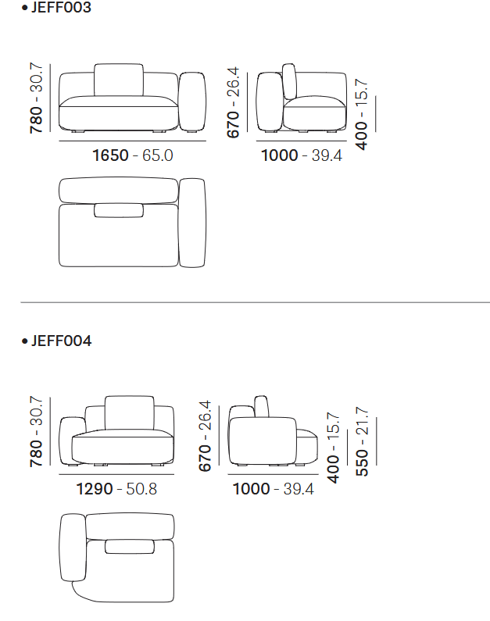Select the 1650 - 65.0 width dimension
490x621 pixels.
133,155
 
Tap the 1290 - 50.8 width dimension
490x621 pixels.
116,489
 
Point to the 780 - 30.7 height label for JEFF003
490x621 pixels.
36,98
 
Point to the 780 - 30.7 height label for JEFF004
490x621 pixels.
36,431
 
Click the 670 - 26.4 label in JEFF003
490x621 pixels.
233,102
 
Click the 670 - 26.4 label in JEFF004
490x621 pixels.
205,436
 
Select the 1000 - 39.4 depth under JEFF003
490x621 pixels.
302,155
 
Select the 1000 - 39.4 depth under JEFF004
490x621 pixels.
273,489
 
